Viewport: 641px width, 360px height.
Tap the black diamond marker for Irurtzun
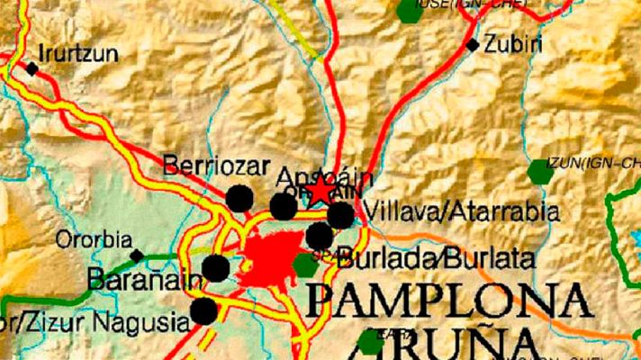click(32, 68)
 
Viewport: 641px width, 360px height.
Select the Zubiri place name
click(513, 42)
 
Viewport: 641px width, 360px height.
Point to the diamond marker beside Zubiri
click(473, 44)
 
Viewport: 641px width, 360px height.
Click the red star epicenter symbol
click(320, 190)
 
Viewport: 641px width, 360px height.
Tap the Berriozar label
click(203, 166)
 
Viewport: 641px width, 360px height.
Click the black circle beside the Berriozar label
click(239, 198)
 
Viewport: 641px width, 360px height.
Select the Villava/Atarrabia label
click(463, 213)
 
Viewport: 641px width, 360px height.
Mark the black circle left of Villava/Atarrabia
click(340, 216)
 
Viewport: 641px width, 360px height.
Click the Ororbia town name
click(87, 240)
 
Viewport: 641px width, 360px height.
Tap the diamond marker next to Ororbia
click(137, 256)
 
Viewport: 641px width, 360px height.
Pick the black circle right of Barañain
click(215, 268)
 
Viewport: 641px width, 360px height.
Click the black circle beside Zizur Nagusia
click(204, 311)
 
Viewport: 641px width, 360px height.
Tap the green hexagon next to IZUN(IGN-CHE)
click(540, 172)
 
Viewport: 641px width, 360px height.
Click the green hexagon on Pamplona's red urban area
click(305, 265)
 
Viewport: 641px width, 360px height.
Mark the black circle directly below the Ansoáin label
click(283, 207)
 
